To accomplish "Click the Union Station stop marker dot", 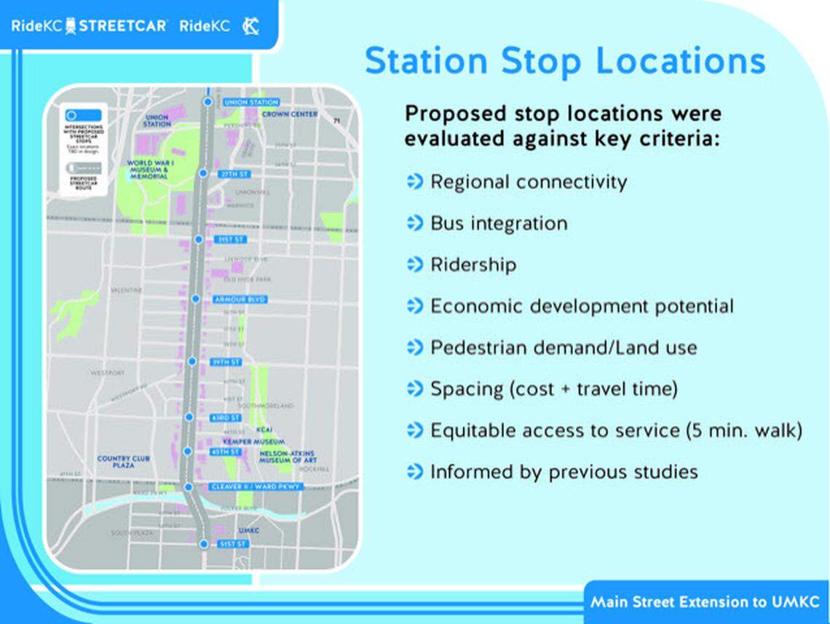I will click(x=207, y=103).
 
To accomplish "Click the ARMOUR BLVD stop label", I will click(x=240, y=299).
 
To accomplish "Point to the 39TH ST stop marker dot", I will click(x=192, y=361).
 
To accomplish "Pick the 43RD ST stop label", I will click(x=226, y=418).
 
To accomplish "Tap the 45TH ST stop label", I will click(x=226, y=452).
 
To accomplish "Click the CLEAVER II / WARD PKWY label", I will click(x=255, y=486).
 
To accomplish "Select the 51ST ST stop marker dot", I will click(x=203, y=544).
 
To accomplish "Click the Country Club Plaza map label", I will click(x=123, y=462).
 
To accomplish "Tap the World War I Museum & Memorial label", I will click(x=149, y=170).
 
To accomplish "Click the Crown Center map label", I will click(x=290, y=114).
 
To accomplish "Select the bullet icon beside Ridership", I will click(x=414, y=264).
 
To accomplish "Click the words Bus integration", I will click(x=499, y=223).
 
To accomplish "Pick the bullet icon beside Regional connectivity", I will click(x=414, y=181).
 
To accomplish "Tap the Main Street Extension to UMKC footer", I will click(x=705, y=602).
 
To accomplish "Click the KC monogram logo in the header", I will click(x=251, y=26).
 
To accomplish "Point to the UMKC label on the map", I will click(x=249, y=531).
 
